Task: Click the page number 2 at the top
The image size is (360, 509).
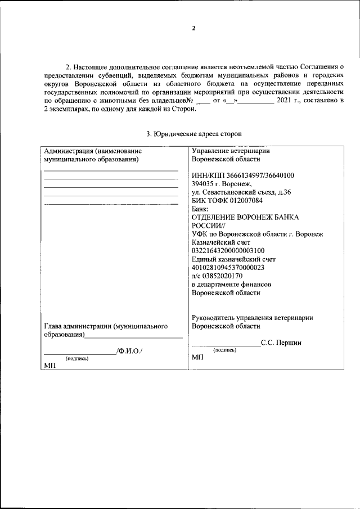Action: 193,29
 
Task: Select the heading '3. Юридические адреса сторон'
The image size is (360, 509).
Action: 194,134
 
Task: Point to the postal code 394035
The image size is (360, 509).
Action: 202,184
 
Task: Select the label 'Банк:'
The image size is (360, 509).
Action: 200,209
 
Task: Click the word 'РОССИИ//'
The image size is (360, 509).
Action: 208,226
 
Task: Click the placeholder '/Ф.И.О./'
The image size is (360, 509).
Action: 130,352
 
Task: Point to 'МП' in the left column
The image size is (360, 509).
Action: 49,366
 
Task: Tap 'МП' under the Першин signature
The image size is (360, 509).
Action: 197,357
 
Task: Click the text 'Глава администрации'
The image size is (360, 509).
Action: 77,326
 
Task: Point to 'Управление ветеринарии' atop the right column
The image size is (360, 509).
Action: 231,151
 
